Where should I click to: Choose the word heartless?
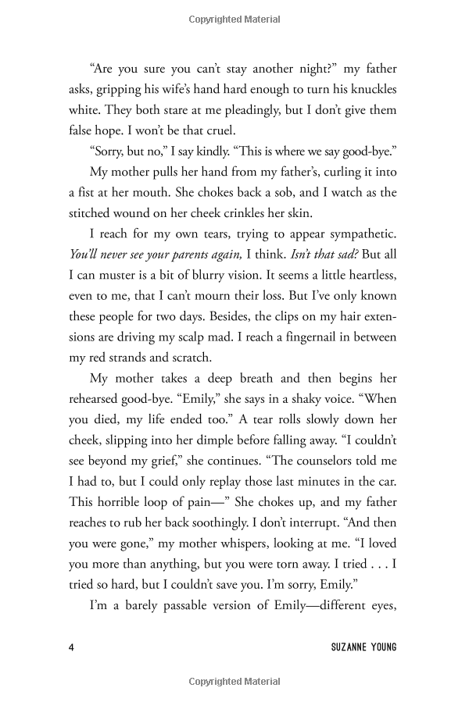click(x=359, y=276)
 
